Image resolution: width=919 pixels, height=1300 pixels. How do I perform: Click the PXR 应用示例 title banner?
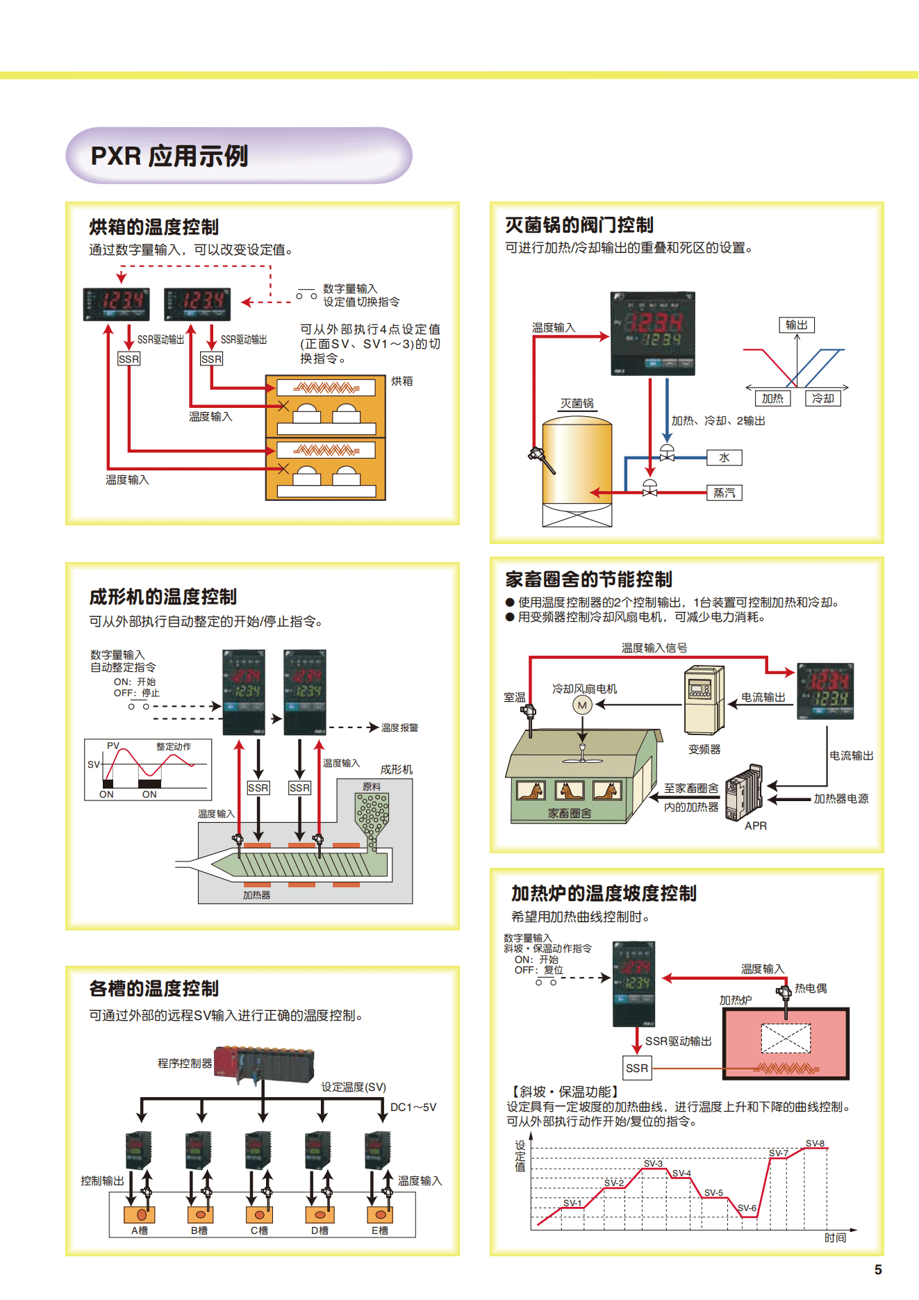coord(238,156)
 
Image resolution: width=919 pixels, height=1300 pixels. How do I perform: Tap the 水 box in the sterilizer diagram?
coord(724,457)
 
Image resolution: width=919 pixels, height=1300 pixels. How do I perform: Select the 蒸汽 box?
coord(724,493)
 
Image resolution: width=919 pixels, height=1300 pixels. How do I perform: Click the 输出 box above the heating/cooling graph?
coord(796,324)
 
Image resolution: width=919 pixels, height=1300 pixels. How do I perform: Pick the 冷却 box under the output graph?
coord(823,398)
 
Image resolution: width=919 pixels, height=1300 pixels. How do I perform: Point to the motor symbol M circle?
coord(582,705)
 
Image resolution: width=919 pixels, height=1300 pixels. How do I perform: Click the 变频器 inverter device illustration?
coord(704,700)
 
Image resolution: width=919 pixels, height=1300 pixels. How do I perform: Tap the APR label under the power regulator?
coord(756,825)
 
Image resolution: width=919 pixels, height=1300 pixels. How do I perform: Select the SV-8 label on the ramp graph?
coord(815,1143)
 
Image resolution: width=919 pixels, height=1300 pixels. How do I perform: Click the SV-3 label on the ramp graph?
coord(653,1163)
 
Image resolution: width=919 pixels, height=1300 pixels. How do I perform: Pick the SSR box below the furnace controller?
coord(637,1068)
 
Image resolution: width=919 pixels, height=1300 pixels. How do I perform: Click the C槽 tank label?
coord(259,1230)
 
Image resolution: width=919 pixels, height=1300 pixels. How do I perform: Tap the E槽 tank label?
coord(379,1230)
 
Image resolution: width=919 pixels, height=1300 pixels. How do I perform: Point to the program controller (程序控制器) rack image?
coord(264,1064)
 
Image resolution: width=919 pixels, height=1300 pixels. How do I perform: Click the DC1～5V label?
coord(413,1107)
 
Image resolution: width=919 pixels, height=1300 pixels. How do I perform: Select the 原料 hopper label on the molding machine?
coord(372,787)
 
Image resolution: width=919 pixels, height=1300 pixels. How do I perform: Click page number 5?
coord(878,1269)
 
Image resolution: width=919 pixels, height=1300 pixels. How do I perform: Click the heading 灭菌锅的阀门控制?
coord(579,225)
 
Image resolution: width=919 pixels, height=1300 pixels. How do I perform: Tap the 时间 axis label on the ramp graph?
coord(835,1237)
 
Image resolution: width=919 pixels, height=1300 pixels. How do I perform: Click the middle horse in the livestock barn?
coord(570,791)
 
